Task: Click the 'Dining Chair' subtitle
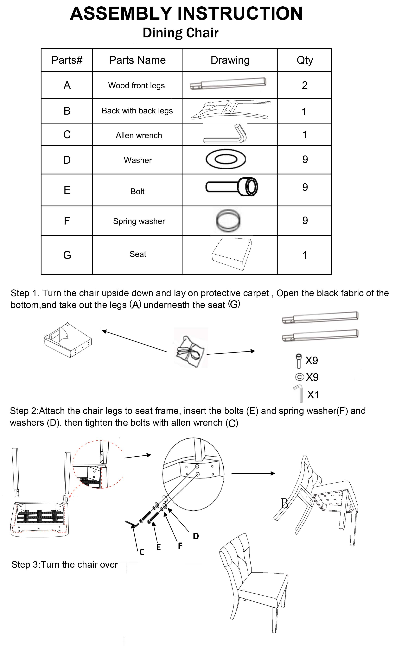[181, 33]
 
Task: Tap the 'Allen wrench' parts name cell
[139, 135]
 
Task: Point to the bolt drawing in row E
[232, 187]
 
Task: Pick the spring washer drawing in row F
[228, 220]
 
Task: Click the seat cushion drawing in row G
[232, 254]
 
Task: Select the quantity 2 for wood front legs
[305, 85]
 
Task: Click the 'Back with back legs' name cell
[137, 111]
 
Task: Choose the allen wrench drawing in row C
[226, 134]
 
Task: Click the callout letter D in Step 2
[196, 536]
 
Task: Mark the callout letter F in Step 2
[180, 546]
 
